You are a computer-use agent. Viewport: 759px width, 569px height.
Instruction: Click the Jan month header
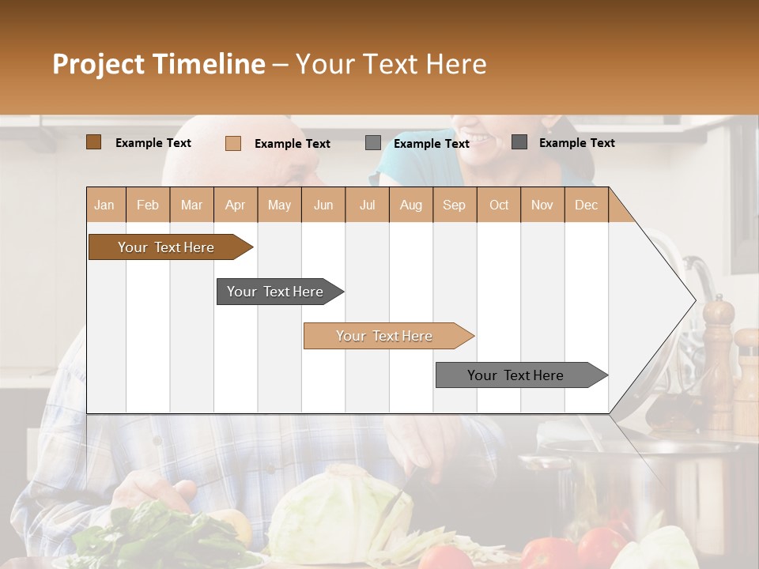click(104, 205)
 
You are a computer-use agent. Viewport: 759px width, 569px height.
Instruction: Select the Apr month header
click(236, 205)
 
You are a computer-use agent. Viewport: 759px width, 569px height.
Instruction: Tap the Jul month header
click(367, 205)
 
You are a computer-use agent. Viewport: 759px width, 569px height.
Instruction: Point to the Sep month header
click(454, 205)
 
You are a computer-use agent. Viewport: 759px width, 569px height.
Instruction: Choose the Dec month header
click(586, 205)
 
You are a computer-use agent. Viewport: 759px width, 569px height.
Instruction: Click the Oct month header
click(498, 205)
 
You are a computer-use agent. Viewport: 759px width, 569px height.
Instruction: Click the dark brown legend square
click(93, 142)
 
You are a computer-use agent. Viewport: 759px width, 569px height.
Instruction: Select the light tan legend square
click(232, 143)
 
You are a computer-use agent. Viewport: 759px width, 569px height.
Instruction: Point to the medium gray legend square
click(372, 143)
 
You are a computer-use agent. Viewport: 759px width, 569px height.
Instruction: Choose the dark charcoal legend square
click(519, 142)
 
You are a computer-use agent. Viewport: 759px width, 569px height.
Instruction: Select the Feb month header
click(147, 205)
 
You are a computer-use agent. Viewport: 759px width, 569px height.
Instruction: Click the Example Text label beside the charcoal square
click(576, 143)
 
